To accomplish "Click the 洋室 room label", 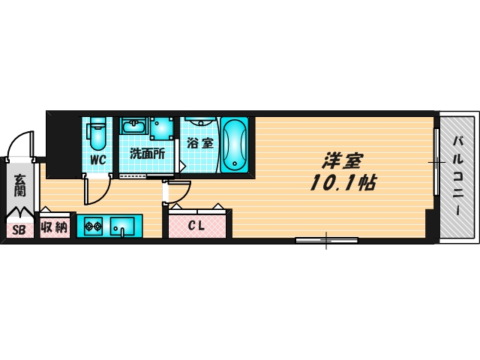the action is tap(342, 160).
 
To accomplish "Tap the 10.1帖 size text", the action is tap(343, 183).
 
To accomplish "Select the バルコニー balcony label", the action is tap(458, 176).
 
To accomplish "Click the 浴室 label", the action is tap(200, 143).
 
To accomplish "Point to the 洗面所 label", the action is tap(148, 153).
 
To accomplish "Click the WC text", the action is tap(98, 160).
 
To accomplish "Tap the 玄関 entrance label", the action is tap(19, 185).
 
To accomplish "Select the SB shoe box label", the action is tap(19, 230).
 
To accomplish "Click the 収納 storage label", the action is tap(55, 227).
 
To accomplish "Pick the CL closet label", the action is tap(196, 226).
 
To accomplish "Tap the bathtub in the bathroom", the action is tap(235, 145).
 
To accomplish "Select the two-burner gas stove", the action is tap(93, 226).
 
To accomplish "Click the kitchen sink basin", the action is tap(122, 226).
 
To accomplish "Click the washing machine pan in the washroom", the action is tap(161, 128).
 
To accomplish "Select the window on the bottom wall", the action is tap(326, 240).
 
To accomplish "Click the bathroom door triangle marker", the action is tap(182, 166).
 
